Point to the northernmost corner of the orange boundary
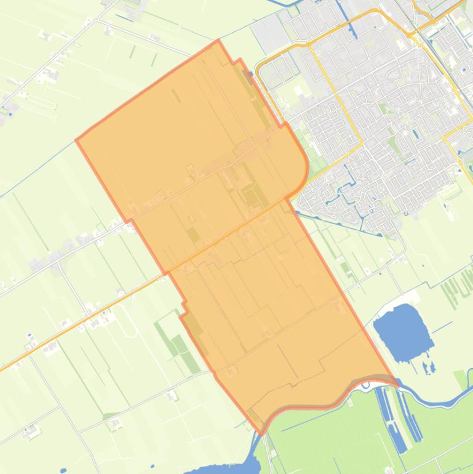click(218, 41)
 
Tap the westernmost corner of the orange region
click(76, 140)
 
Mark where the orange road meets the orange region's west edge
click(168, 271)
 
